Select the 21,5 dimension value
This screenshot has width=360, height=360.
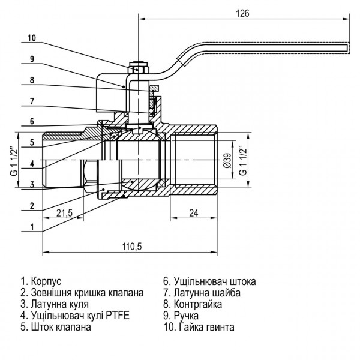pos(65,214)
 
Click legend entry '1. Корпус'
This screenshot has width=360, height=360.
pos(41,281)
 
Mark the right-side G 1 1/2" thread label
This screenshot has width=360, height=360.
pos(242,160)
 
